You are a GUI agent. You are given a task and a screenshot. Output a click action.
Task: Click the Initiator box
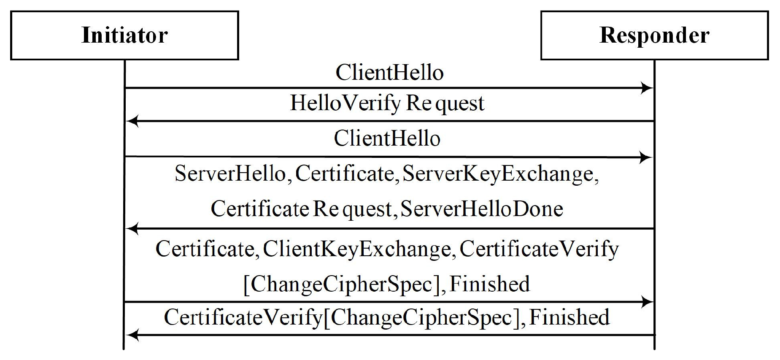click(x=124, y=35)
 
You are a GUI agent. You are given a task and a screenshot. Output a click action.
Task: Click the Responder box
click(x=654, y=35)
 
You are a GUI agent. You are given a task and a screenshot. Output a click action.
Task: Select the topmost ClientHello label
click(x=389, y=73)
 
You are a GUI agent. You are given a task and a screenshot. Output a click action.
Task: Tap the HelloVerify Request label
click(x=387, y=103)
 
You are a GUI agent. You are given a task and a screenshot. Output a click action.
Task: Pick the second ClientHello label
click(x=387, y=138)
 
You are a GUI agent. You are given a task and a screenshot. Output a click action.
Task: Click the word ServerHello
click(x=230, y=173)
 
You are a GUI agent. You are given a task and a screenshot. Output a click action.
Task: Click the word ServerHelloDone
click(x=481, y=208)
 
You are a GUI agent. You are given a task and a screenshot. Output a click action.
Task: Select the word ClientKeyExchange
click(x=356, y=249)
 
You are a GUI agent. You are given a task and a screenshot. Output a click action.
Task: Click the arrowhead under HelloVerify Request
click(x=132, y=122)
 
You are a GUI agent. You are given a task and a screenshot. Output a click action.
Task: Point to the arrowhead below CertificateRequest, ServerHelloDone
click(x=132, y=229)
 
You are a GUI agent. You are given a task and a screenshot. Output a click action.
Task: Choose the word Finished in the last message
click(x=569, y=317)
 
